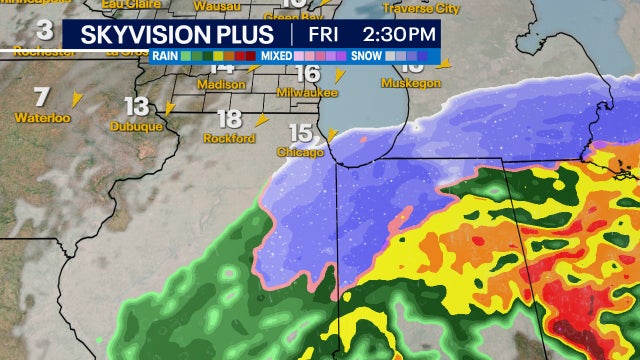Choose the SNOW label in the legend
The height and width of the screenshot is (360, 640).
369,57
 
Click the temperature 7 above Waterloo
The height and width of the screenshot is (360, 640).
41,98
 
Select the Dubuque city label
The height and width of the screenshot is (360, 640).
137,127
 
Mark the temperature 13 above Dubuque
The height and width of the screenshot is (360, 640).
137,107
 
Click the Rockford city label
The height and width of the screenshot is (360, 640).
224,138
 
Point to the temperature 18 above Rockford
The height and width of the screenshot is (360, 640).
228,119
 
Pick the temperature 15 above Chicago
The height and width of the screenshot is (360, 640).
301,133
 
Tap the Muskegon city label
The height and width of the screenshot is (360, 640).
410,84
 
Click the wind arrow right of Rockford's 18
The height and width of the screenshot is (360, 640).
261,119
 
